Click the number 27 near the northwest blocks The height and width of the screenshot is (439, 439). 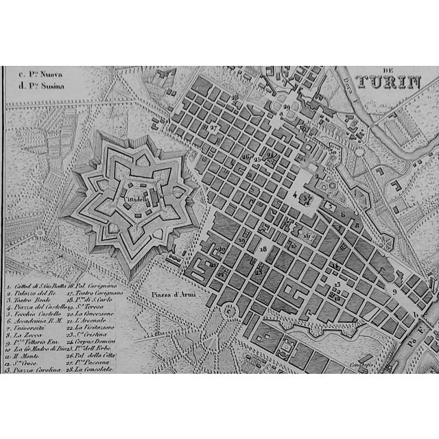(x=214, y=128)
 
